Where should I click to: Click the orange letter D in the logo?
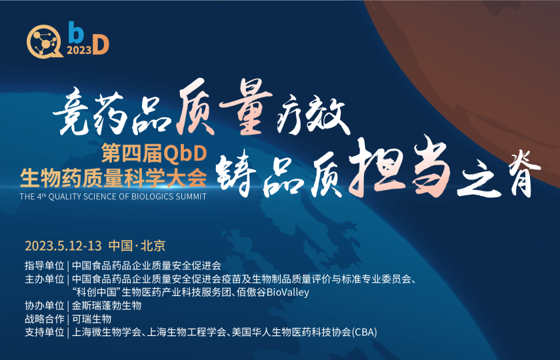99,45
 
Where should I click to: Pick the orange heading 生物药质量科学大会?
113,177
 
